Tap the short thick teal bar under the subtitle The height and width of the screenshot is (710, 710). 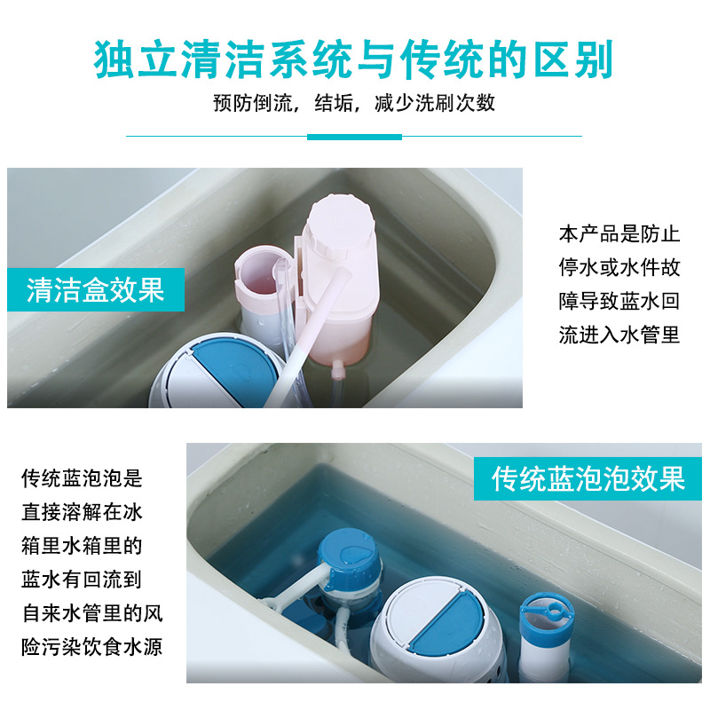tap(354, 137)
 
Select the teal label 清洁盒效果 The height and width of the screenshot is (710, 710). tap(96, 289)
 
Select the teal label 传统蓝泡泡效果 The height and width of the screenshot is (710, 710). tap(588, 478)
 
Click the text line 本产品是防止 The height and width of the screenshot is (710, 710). tap(619, 234)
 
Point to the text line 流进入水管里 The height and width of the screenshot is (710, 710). tap(619, 335)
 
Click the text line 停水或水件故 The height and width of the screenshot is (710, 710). tap(619, 268)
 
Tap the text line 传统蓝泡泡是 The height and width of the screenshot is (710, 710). tap(82, 478)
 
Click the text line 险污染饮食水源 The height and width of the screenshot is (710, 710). tap(92, 646)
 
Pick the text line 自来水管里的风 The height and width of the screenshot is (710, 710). tap(92, 612)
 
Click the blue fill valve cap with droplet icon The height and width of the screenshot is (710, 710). tap(350, 554)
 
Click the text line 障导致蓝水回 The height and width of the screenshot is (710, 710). tap(619, 302)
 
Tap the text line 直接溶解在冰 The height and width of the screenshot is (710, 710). tap(82, 512)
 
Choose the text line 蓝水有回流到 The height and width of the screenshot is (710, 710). tap(82, 579)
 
